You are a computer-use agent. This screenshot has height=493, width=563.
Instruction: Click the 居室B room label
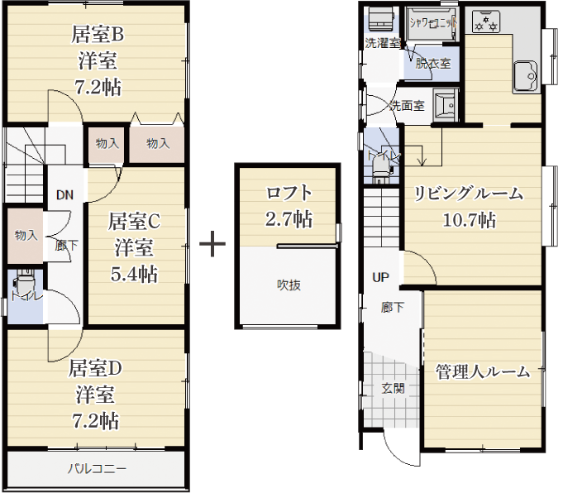(98, 34)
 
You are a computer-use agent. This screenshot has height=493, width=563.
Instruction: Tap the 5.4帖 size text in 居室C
(134, 275)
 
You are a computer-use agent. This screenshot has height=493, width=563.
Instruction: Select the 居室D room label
(95, 368)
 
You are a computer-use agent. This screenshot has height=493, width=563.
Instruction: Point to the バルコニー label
(98, 468)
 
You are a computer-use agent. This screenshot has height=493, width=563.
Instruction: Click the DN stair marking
(64, 195)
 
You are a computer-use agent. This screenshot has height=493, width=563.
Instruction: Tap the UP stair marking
(380, 277)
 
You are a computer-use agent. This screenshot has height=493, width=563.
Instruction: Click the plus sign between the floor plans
(212, 243)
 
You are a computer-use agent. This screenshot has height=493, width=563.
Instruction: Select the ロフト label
(289, 193)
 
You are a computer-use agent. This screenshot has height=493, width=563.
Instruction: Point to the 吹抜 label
(289, 285)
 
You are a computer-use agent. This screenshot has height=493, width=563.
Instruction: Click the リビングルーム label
(469, 194)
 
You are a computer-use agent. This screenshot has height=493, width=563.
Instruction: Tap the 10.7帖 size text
(470, 219)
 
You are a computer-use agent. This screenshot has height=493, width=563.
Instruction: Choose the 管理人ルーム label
(483, 371)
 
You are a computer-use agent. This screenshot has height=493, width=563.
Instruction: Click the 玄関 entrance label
(394, 388)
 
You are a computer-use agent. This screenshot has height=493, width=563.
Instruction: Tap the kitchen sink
(525, 76)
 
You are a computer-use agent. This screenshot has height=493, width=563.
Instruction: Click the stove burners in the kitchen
(486, 22)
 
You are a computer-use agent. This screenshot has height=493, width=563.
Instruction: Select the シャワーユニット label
(433, 23)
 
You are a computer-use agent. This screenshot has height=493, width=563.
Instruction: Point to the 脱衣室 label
(433, 64)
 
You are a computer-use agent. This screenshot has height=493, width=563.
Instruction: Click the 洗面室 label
(408, 106)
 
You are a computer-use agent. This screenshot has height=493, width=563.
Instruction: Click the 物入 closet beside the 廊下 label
(26, 236)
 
